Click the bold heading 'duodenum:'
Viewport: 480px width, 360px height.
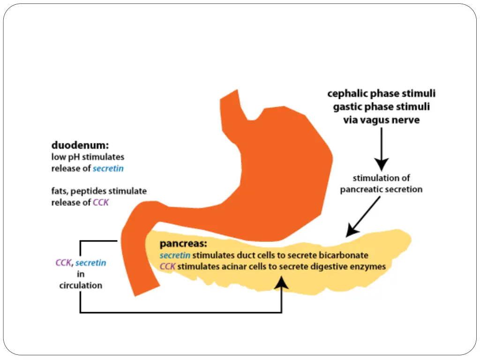[80, 146]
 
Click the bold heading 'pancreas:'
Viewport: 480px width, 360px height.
[183, 244]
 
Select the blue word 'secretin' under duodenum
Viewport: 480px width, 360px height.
[108, 169]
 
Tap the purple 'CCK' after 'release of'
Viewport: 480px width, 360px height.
[101, 203]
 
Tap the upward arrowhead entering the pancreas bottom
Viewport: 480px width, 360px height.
[281, 281]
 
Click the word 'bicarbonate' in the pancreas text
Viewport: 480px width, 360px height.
[345, 255]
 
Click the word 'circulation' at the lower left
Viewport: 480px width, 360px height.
[81, 285]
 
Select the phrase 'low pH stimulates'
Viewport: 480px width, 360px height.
[88, 157]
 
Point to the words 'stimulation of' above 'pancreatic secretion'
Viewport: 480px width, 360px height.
[381, 178]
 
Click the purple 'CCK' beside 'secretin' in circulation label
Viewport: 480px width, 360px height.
[63, 263]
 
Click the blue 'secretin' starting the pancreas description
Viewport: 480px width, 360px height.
[175, 255]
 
